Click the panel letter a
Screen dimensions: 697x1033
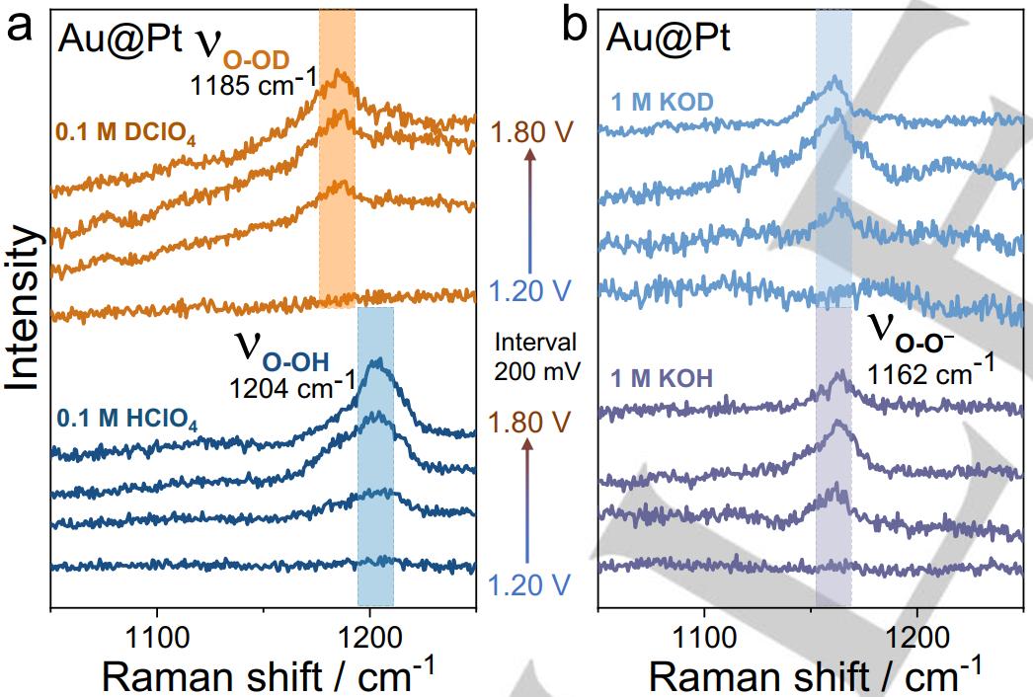tap(20, 27)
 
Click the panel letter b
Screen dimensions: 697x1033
tap(574, 27)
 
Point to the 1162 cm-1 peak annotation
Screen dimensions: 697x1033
tap(930, 372)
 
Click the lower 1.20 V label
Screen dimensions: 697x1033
tap(529, 586)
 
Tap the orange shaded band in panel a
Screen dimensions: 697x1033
tap(337, 158)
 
